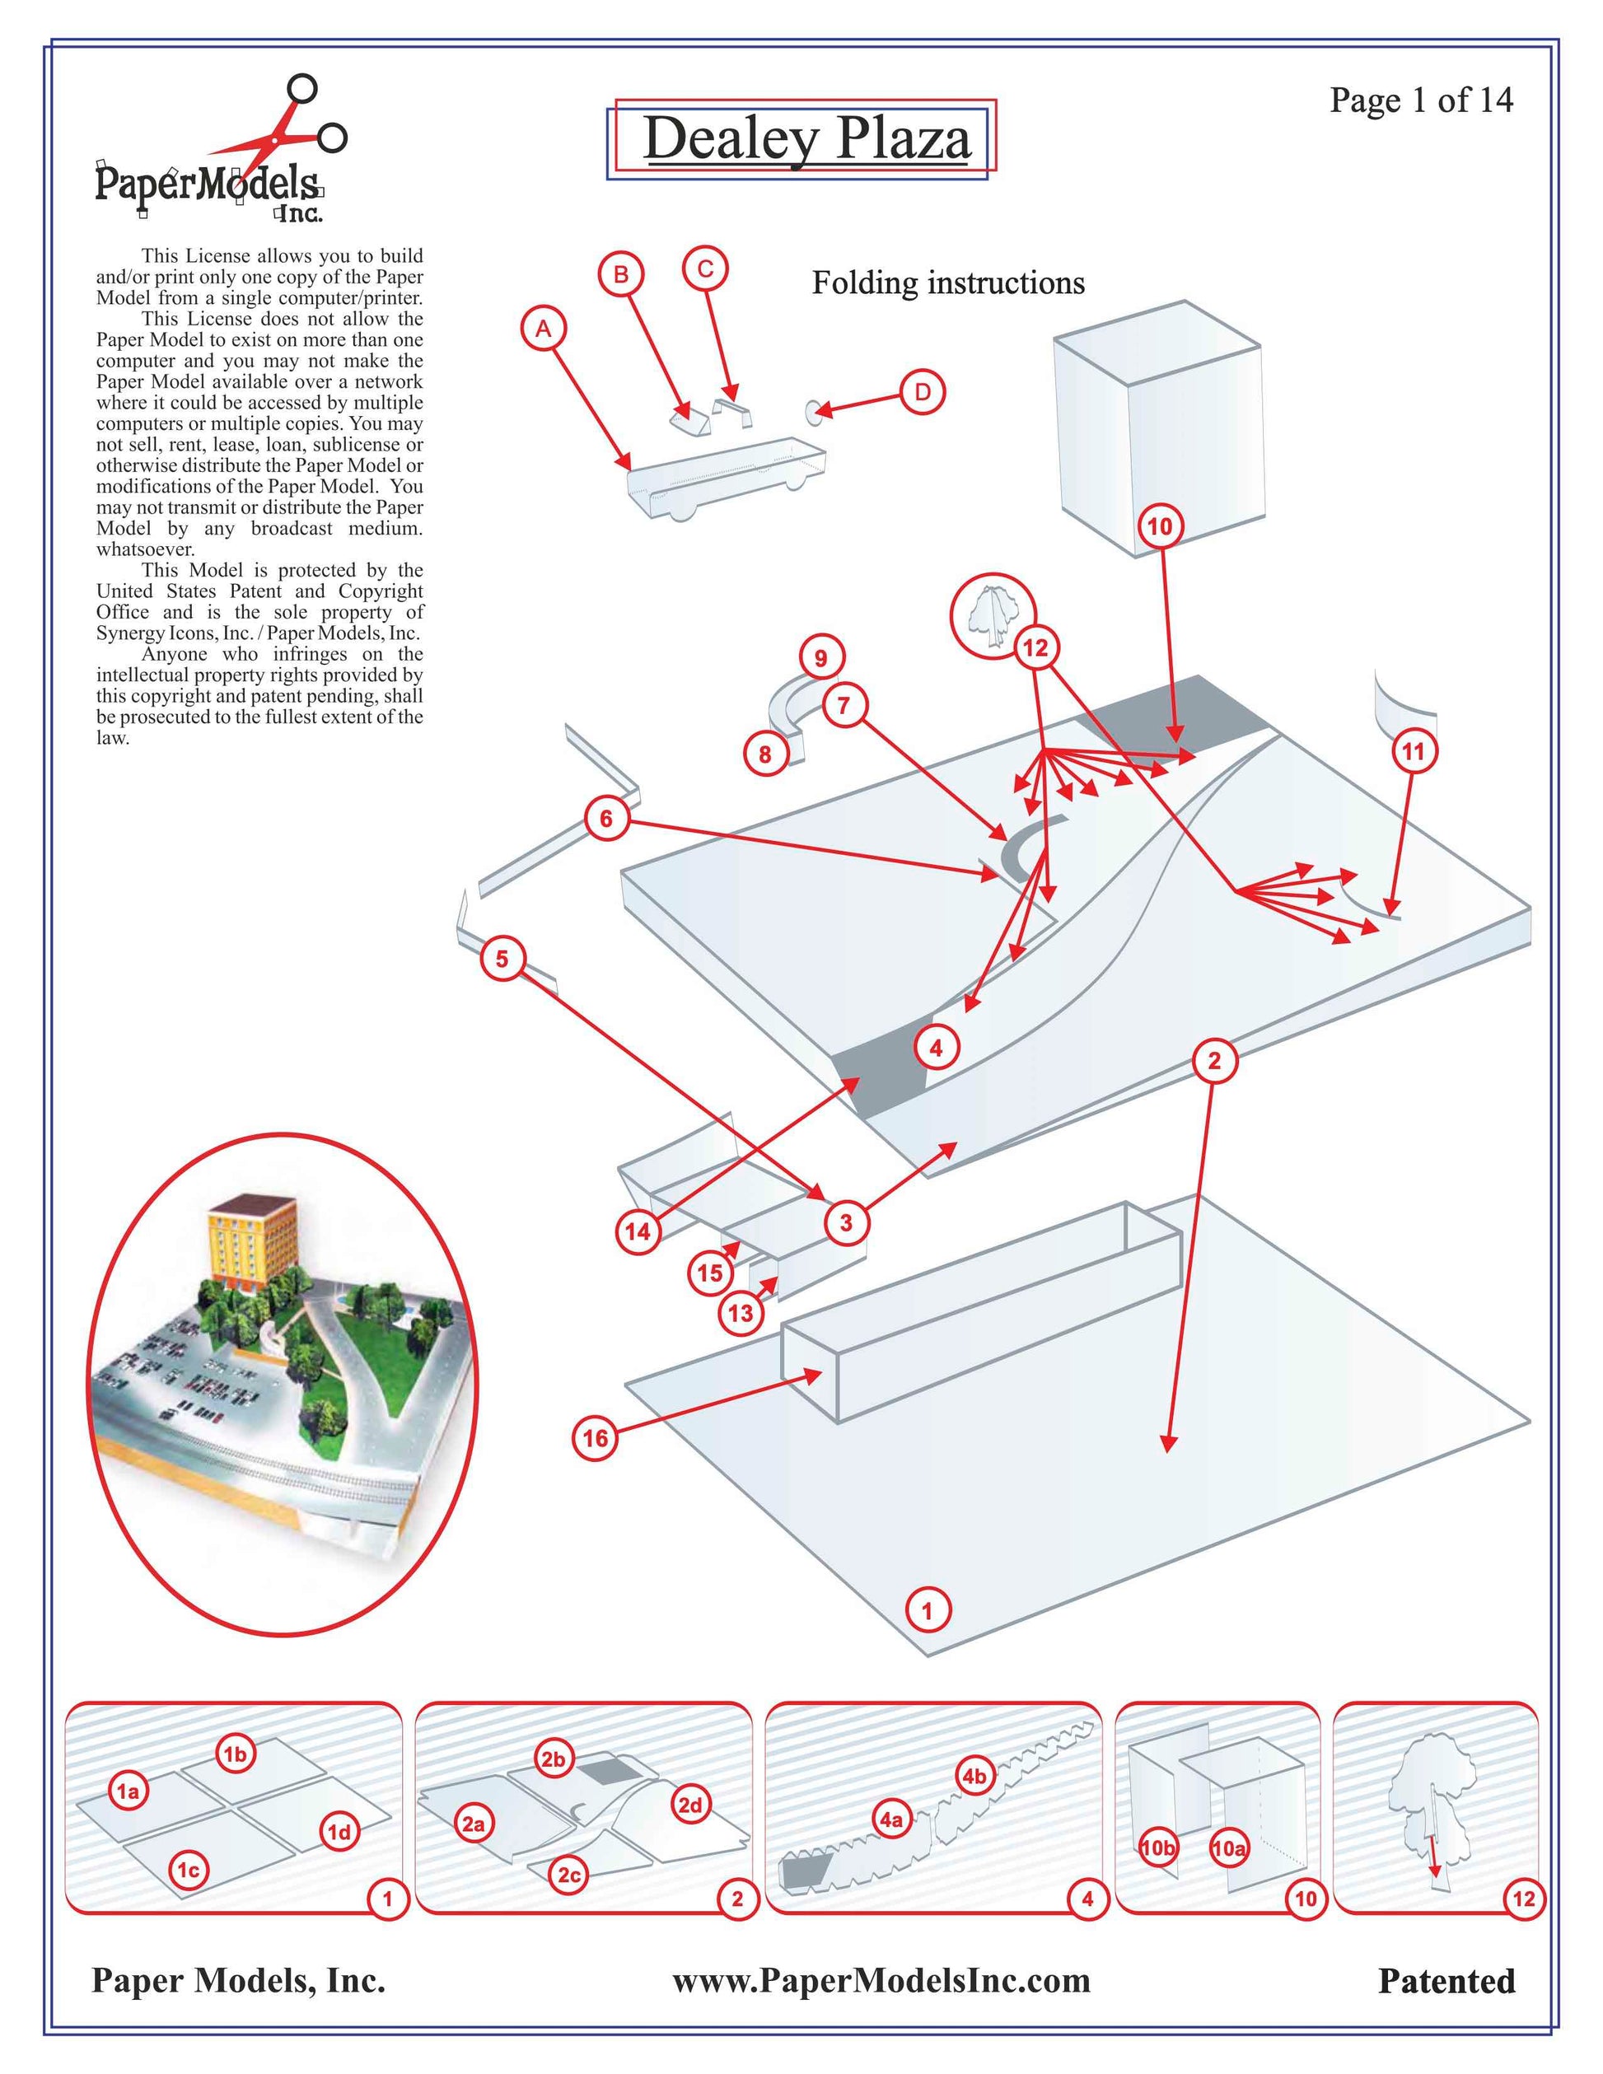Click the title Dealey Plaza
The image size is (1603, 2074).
coord(807,138)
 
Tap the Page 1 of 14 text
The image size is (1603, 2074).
coord(1420,100)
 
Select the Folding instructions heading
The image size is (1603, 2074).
coord(948,283)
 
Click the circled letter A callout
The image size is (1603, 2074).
coord(543,329)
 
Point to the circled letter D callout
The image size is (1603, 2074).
coord(922,392)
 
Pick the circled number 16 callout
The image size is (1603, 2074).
coord(596,1438)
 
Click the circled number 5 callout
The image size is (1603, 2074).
coord(502,959)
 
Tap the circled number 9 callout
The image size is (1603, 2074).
coord(820,658)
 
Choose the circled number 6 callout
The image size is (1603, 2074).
coord(607,819)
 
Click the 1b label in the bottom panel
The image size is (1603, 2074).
coord(235,1755)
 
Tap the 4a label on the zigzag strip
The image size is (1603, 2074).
coord(890,1819)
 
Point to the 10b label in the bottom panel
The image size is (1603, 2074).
coord(1157,1848)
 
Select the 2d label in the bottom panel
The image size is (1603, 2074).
coord(690,1805)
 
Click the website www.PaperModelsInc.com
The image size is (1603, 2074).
coord(881,1980)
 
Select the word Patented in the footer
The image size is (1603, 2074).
coord(1446,1981)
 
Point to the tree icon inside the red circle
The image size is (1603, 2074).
coord(990,615)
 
